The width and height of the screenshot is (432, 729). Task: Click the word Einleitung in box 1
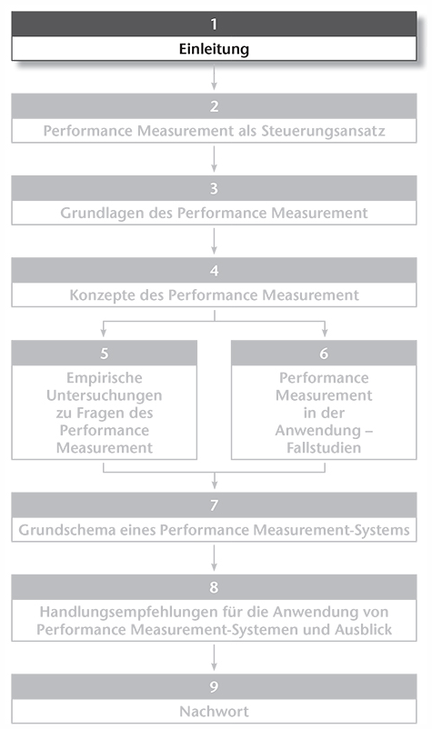coord(214,49)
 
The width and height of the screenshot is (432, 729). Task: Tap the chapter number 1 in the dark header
coord(214,24)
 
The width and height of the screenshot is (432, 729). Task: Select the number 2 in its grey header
coord(214,106)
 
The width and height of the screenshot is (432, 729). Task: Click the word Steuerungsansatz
coord(323,131)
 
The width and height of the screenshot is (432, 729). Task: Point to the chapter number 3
coord(214,188)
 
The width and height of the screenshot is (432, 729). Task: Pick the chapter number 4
coord(214,271)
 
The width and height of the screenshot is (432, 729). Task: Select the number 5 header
coord(105,354)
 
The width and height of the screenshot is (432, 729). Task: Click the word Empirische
coord(105,378)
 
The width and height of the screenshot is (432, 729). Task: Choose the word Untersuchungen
coord(105,395)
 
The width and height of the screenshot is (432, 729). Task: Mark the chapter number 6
coord(324,354)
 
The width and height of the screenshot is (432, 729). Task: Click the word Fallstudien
coord(324,448)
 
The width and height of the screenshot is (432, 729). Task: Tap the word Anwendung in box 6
coord(318,431)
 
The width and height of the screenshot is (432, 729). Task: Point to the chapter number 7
coord(214,504)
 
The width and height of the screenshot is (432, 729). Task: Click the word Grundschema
coord(67,530)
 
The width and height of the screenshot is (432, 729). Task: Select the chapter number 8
coord(214,587)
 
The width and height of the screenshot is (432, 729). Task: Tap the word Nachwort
coord(214,712)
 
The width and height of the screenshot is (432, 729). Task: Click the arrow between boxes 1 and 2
coord(214,78)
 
